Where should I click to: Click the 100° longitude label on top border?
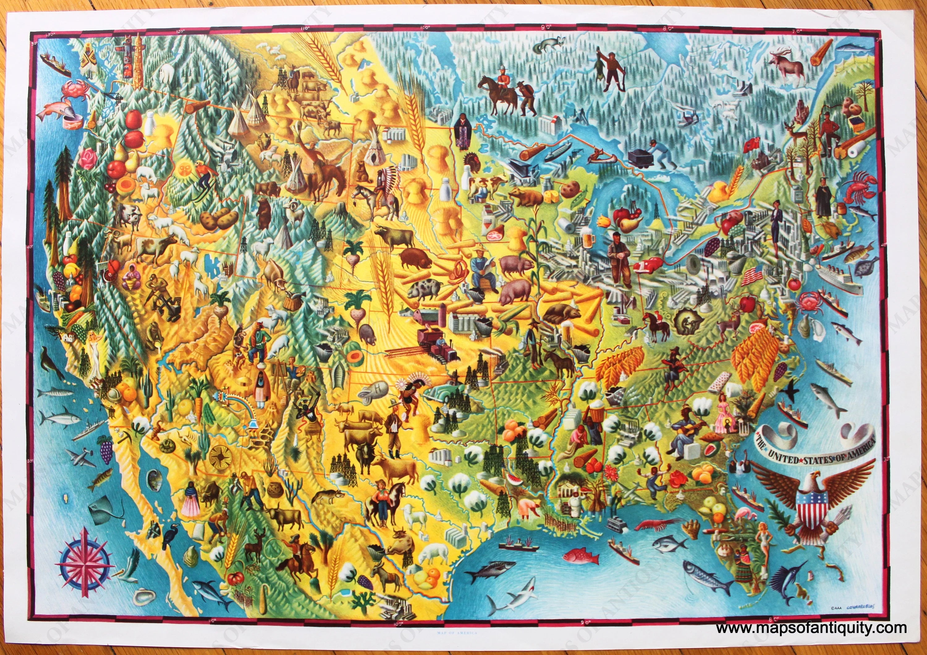[x=424, y=28]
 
